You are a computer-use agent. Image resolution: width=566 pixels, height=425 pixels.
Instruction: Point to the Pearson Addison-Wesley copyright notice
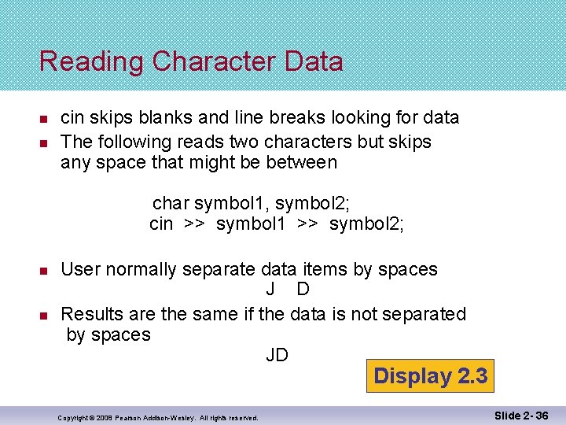click(x=158, y=417)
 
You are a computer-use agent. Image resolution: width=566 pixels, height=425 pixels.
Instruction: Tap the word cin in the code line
click(x=161, y=224)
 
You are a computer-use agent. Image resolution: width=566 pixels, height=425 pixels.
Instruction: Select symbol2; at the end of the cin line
click(x=367, y=224)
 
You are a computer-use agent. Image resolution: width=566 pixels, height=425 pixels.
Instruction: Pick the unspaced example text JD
click(x=277, y=356)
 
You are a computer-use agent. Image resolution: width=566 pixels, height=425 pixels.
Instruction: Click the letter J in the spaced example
click(x=270, y=290)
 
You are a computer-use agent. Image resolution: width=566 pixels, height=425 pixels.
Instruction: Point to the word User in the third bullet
click(x=80, y=270)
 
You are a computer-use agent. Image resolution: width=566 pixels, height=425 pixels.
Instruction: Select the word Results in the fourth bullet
click(x=91, y=314)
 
